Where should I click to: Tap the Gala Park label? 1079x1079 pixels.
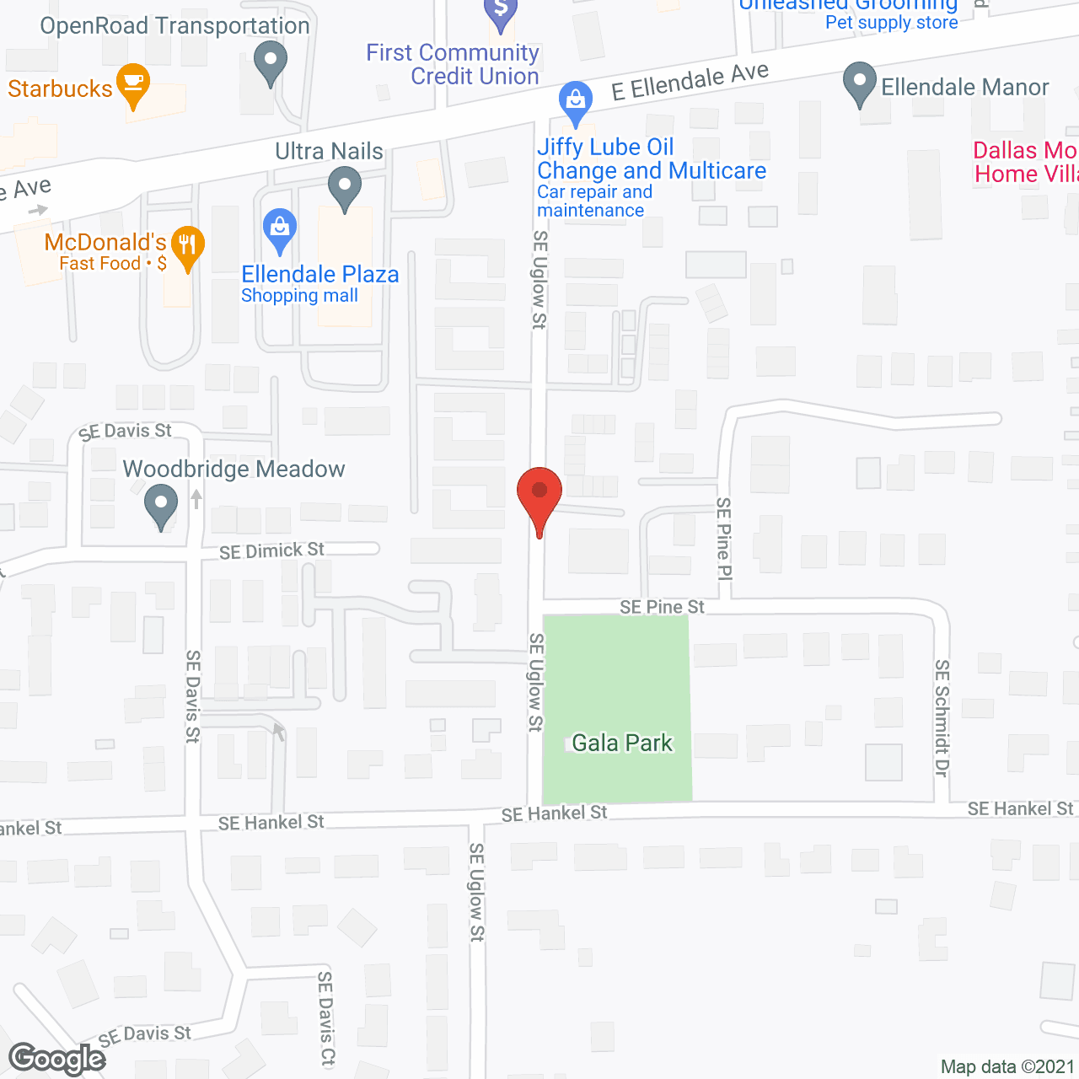pyautogui.click(x=622, y=743)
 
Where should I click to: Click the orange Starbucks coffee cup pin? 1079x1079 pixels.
pyautogui.click(x=133, y=84)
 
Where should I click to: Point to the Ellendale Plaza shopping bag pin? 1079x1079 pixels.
pyautogui.click(x=280, y=230)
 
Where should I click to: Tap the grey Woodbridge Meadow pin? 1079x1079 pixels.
pyautogui.click(x=160, y=507)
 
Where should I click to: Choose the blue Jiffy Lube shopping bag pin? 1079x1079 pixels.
pyautogui.click(x=575, y=103)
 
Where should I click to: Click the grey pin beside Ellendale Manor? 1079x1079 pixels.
pyautogui.click(x=859, y=85)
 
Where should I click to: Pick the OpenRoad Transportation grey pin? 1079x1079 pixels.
pyautogui.click(x=270, y=64)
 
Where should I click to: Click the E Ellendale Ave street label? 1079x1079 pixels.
pyautogui.click(x=690, y=82)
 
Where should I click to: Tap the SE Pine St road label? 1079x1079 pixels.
pyautogui.click(x=662, y=607)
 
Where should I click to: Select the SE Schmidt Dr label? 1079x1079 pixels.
pyautogui.click(x=942, y=718)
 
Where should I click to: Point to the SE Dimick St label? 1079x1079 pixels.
pyautogui.click(x=271, y=551)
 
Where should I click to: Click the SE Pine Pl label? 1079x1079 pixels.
pyautogui.click(x=723, y=539)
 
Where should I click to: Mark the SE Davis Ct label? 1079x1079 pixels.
pyautogui.click(x=325, y=1019)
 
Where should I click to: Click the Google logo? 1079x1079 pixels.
pyautogui.click(x=56, y=1059)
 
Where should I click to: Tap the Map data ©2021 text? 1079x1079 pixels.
pyautogui.click(x=1007, y=1067)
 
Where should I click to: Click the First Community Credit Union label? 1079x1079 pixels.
pyautogui.click(x=453, y=64)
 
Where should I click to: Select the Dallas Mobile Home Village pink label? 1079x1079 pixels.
pyautogui.click(x=1025, y=162)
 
